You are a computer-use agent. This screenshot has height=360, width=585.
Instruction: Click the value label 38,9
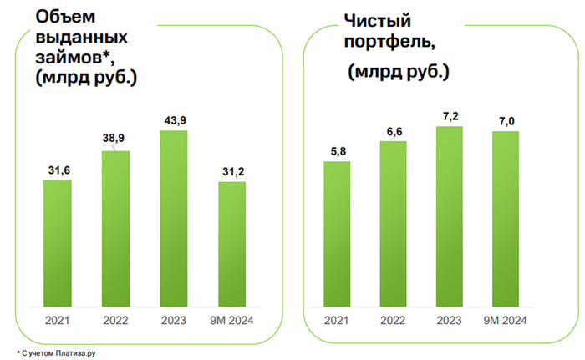116,139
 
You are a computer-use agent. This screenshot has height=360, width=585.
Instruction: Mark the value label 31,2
231,170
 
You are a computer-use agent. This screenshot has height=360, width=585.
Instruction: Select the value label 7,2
450,114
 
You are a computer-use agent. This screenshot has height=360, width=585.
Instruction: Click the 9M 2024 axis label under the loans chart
231,320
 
